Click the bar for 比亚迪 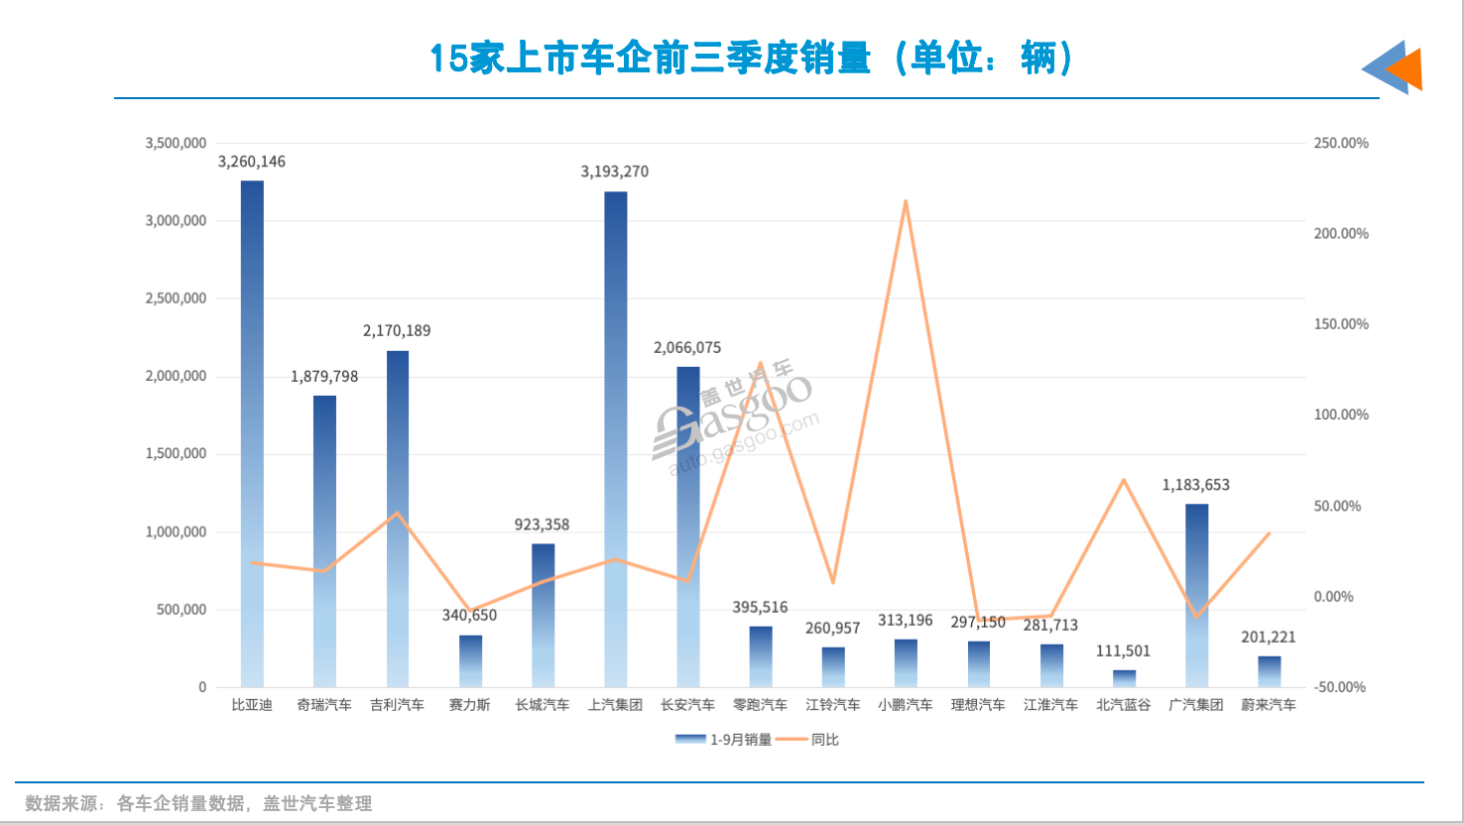[252, 436]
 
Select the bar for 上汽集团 [615, 441]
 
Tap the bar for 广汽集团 [1196, 595]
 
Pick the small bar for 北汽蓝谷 [1124, 678]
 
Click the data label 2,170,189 [397, 331]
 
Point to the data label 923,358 [542, 525]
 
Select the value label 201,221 [1268, 638]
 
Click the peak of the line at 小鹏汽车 [906, 201]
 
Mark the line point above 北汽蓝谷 [1124, 480]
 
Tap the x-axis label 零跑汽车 [760, 705]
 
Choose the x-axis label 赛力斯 [469, 705]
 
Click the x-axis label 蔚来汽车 [1268, 705]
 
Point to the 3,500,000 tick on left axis [176, 143]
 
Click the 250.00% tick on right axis [1341, 143]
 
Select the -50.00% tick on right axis [1339, 687]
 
